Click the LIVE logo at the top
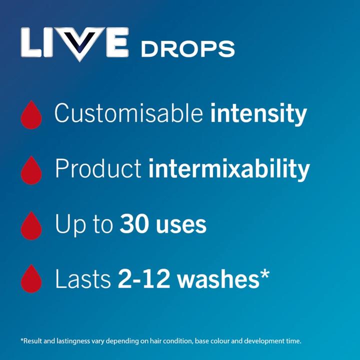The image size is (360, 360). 75,43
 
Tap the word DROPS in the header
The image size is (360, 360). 187,49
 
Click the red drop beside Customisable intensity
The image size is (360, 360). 31,114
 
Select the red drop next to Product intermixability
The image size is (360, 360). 31,170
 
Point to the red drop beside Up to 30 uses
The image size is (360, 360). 31,225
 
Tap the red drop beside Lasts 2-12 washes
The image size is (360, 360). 31,279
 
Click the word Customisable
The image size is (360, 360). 129,113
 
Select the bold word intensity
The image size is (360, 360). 258,113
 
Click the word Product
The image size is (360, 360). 98,169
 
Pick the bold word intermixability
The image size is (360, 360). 229,169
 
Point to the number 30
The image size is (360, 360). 132,225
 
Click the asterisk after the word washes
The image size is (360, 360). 264,274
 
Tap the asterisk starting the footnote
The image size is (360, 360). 22,340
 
